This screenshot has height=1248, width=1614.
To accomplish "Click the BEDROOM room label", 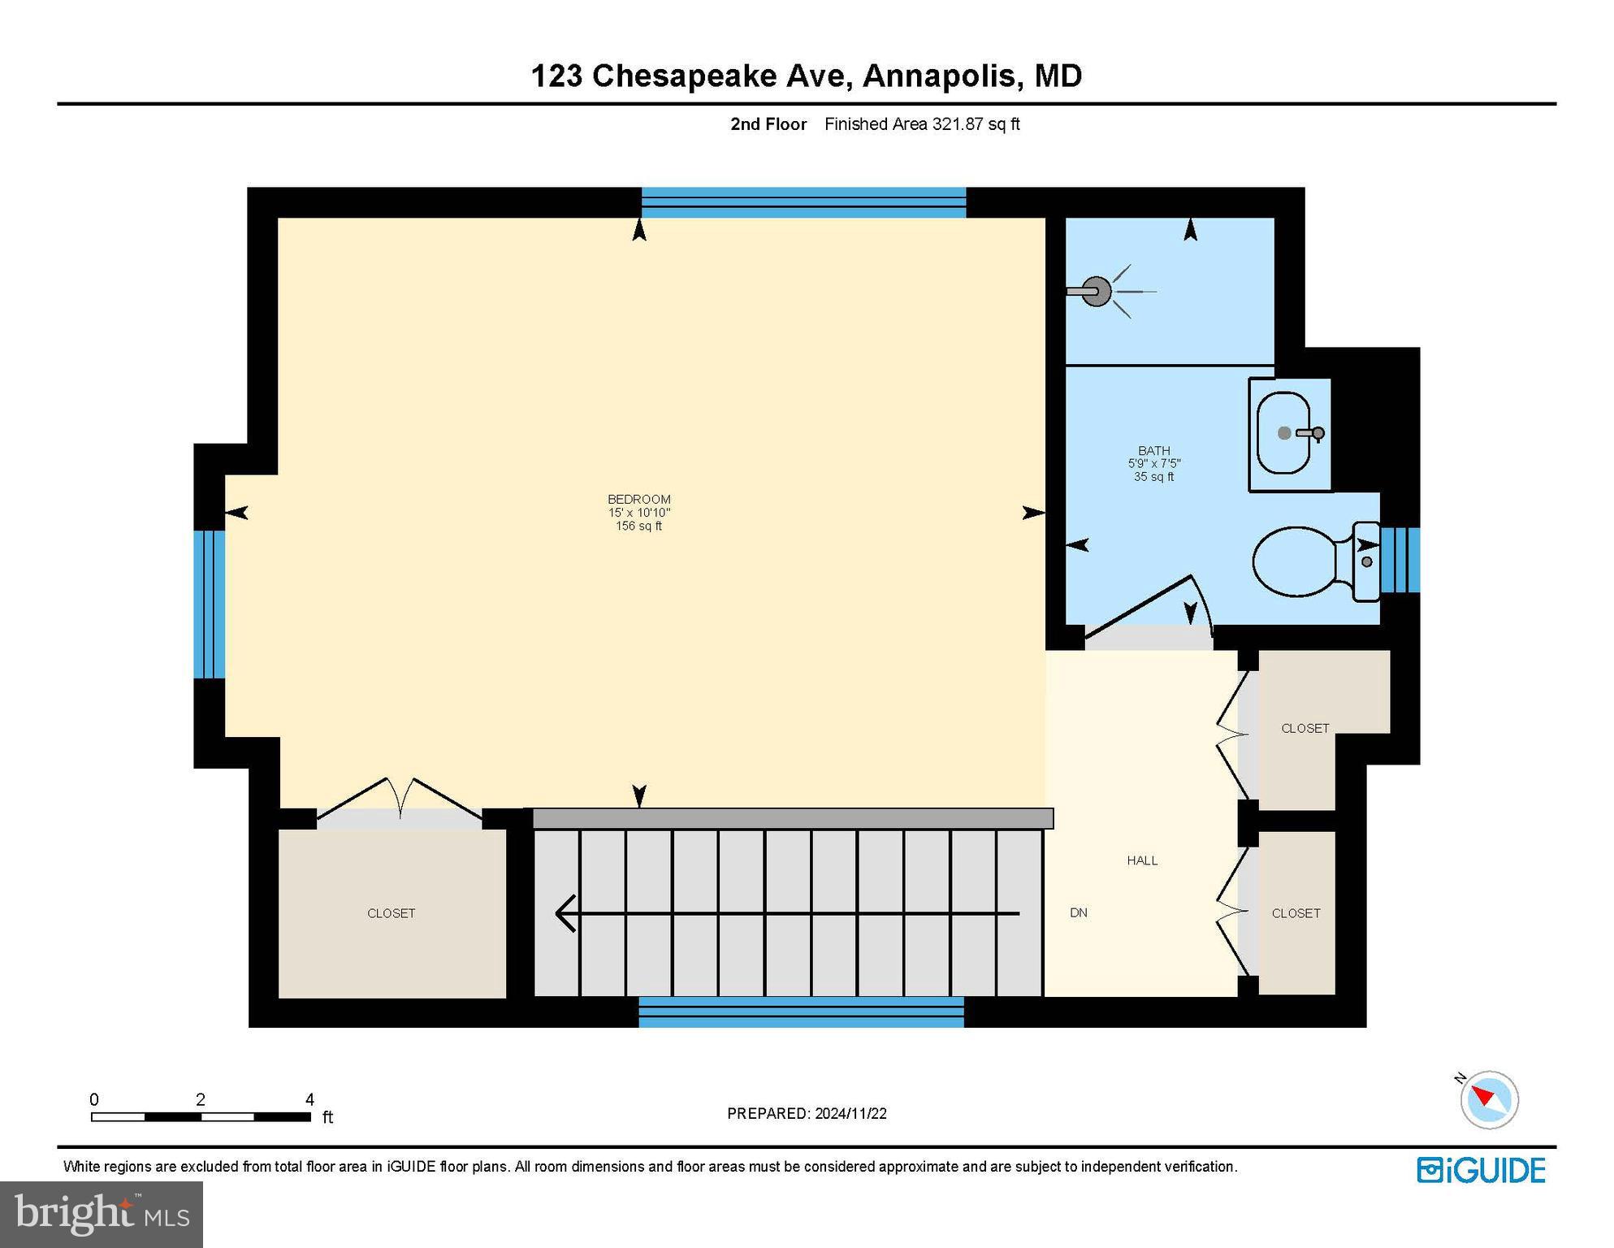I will [638, 499].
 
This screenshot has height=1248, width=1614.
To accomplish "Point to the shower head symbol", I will [1097, 291].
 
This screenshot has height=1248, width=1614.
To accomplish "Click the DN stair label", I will [1078, 912].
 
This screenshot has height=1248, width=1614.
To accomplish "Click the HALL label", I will [1141, 860].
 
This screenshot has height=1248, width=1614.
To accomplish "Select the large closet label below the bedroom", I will [391, 913].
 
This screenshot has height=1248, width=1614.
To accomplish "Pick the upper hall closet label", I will [1305, 728].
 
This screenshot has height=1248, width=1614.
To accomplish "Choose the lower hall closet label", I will [1296, 913].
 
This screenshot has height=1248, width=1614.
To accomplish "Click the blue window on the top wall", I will [803, 202].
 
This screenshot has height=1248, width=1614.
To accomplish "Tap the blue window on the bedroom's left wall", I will [209, 604].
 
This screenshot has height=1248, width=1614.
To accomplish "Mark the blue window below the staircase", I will [801, 1012].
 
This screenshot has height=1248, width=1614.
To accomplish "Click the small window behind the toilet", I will [1400, 560].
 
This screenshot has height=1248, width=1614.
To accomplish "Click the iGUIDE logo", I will [1481, 1170].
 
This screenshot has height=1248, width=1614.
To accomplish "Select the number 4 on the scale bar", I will [309, 1099].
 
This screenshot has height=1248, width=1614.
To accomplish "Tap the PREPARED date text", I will [806, 1113].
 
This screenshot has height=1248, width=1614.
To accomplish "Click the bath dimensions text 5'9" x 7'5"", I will [1153, 463].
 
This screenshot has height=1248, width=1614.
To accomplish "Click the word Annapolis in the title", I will [938, 76].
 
